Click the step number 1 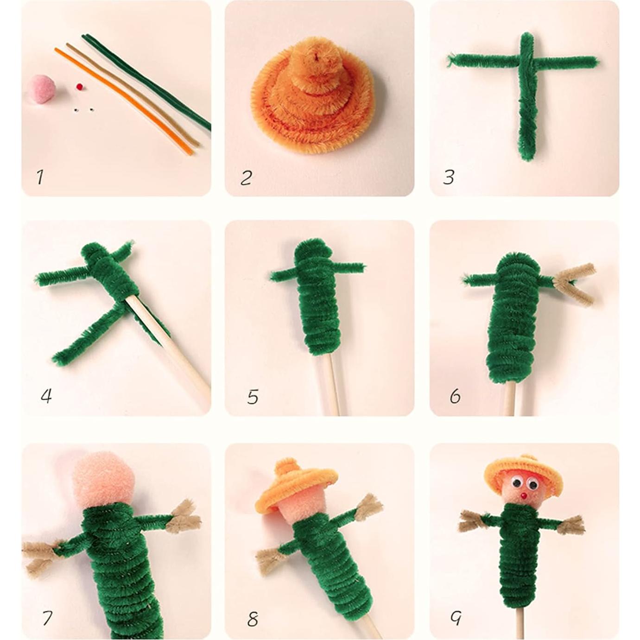40,177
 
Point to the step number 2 246,177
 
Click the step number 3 448,177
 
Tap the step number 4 46,396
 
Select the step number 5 253,397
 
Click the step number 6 455,396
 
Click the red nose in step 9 523,496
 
